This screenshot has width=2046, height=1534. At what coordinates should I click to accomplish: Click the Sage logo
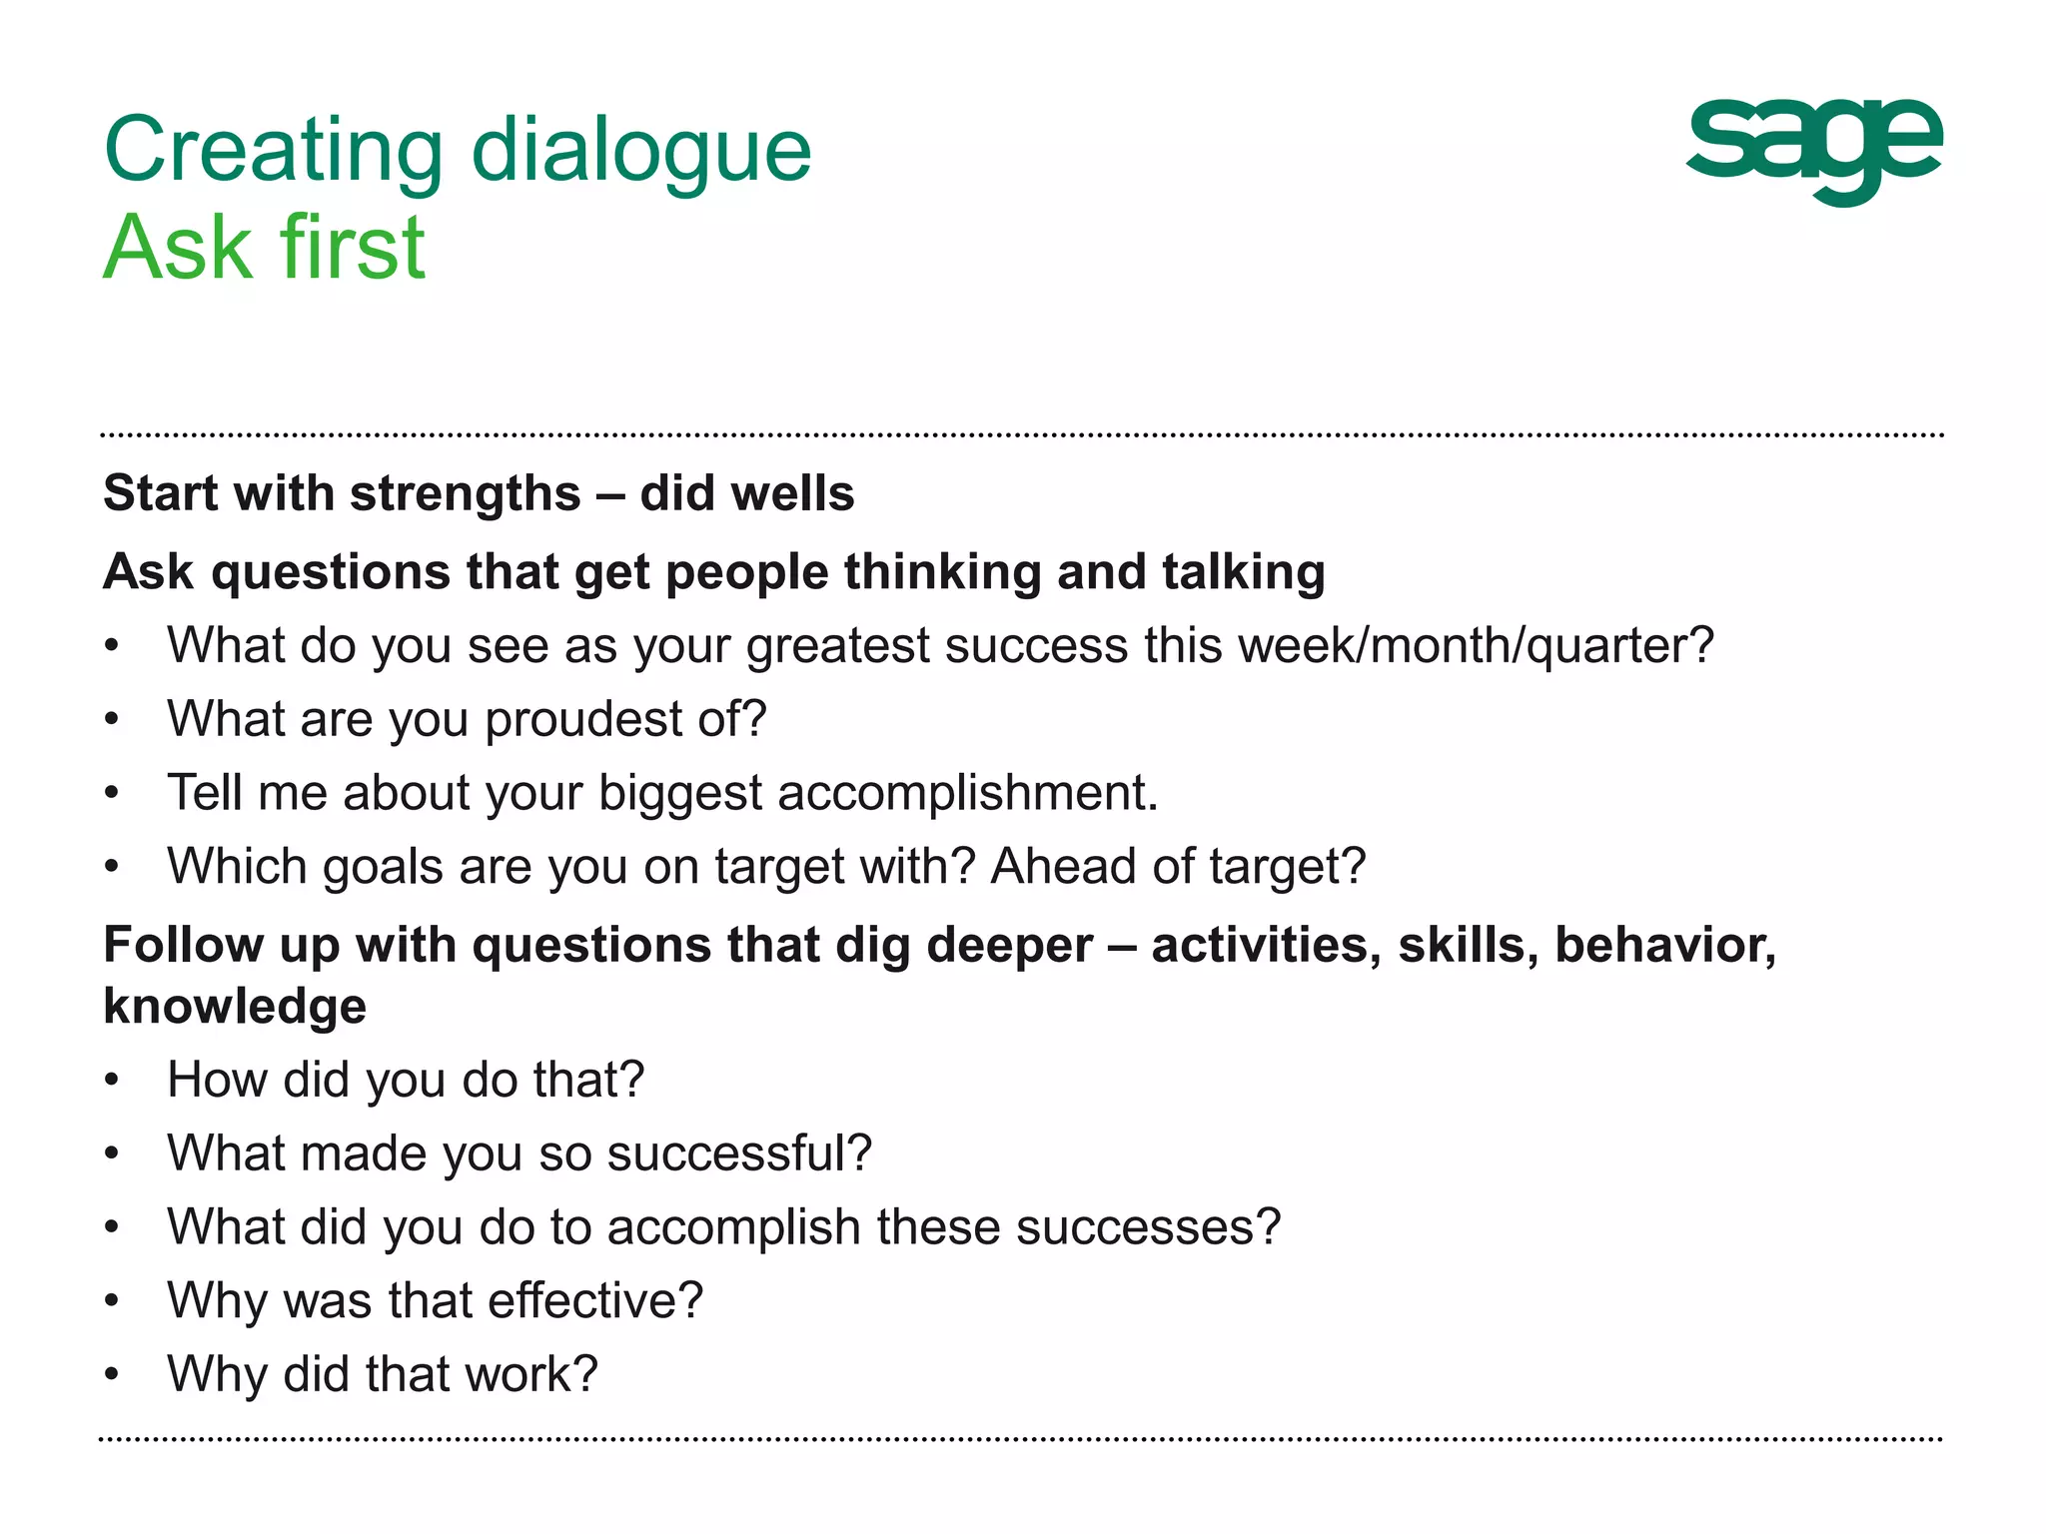1813,151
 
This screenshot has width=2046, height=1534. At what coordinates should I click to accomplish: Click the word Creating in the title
273,152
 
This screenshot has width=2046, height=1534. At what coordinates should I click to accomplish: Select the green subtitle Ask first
265,248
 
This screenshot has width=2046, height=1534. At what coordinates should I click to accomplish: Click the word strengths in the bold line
465,493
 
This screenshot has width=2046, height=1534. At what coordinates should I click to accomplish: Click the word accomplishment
967,793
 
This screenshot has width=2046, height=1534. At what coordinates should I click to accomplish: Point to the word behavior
1664,945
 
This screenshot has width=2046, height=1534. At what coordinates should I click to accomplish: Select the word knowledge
235,1007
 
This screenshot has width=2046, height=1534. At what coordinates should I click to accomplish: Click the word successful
739,1153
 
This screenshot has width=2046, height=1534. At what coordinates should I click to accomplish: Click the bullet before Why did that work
112,1375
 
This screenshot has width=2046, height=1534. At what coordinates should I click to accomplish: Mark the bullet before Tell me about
112,794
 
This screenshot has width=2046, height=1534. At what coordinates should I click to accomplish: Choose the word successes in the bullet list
1148,1227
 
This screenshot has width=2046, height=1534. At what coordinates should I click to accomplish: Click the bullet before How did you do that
112,1081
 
